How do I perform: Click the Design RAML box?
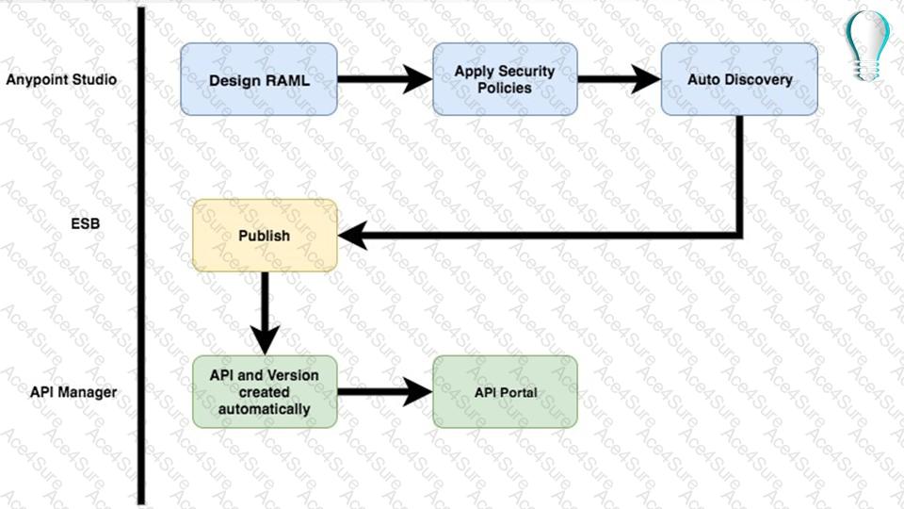click(x=258, y=79)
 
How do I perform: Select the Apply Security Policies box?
click(x=504, y=79)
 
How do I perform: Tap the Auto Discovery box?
click(x=739, y=79)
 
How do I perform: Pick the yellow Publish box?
click(x=265, y=236)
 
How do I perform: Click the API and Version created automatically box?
click(x=265, y=391)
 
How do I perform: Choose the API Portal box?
click(x=505, y=391)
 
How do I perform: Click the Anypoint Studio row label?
click(x=61, y=79)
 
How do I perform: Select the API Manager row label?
click(x=73, y=391)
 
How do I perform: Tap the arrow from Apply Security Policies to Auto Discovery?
click(x=619, y=79)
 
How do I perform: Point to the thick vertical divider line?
click(x=141, y=254)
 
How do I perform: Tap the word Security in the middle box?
click(x=527, y=71)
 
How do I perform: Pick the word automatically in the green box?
click(x=264, y=409)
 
